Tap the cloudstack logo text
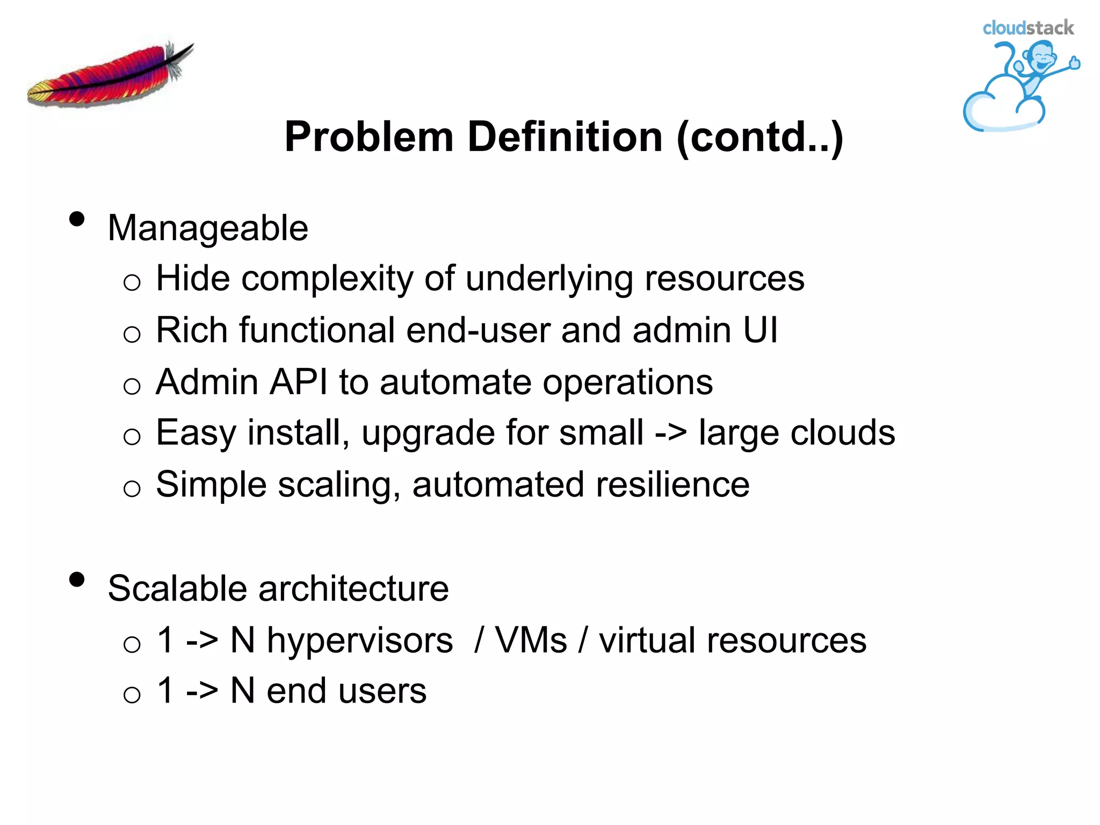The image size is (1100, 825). click(1028, 28)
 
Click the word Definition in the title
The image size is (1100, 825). click(565, 137)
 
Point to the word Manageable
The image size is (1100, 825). click(208, 228)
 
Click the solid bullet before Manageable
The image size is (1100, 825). click(77, 219)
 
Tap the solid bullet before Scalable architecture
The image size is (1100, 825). click(77, 580)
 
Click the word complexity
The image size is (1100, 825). click(327, 279)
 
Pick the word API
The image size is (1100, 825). click(299, 382)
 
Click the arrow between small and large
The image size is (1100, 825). click(670, 433)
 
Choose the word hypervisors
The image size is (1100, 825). click(360, 640)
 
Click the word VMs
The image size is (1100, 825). click(531, 640)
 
